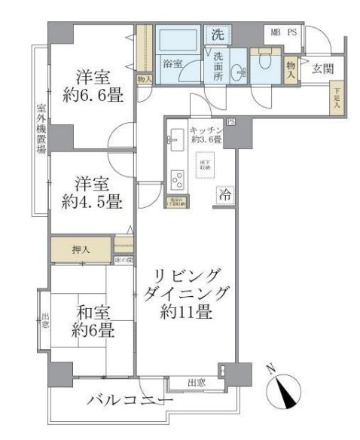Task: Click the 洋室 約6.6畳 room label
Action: click(x=93, y=87)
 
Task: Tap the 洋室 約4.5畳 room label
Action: click(x=92, y=192)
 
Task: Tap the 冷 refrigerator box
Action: click(x=224, y=194)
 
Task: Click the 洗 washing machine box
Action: click(x=217, y=34)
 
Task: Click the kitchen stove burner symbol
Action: click(x=178, y=179)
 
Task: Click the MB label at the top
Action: click(x=276, y=33)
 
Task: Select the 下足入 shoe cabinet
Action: click(x=337, y=98)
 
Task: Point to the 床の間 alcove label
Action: click(x=124, y=260)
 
